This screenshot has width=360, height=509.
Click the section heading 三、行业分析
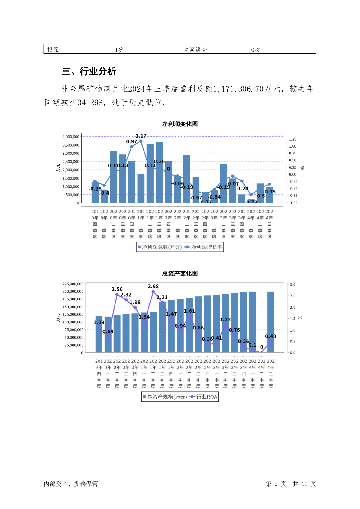pyautogui.click(x=89, y=71)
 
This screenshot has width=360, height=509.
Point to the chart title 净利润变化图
pyautogui.click(x=180, y=124)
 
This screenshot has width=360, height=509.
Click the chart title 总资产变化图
pyautogui.click(x=180, y=274)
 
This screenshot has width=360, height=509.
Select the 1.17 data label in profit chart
pyautogui.click(x=141, y=136)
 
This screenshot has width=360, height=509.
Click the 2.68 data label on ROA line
pyautogui.click(x=153, y=286)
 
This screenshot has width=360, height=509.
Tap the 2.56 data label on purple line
pyautogui.click(x=117, y=289)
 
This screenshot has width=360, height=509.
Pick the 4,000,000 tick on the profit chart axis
pyautogui.click(x=71, y=137)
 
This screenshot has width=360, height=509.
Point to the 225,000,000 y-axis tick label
pyautogui.click(x=73, y=284)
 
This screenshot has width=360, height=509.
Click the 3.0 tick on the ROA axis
pyautogui.click(x=293, y=285)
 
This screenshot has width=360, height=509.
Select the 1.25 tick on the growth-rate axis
pyautogui.click(x=293, y=139)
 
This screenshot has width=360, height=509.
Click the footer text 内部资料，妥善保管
pyautogui.click(x=71, y=484)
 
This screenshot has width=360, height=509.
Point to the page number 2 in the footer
pyautogui.click(x=276, y=484)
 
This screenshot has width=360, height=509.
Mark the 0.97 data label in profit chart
pyautogui.click(x=131, y=142)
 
